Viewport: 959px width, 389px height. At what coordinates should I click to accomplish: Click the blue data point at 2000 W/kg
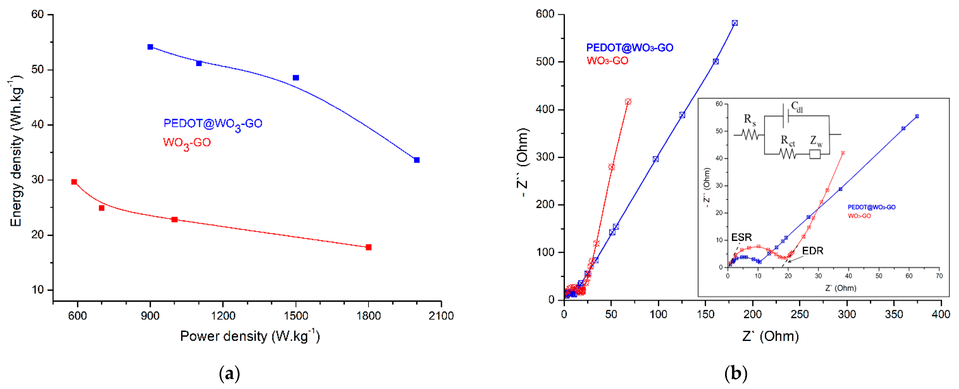[x=417, y=160]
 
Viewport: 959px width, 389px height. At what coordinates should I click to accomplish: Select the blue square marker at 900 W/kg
[x=150, y=47]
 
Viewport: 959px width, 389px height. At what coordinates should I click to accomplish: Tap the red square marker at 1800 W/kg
[x=368, y=247]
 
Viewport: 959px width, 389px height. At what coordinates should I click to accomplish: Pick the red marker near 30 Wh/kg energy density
[x=74, y=182]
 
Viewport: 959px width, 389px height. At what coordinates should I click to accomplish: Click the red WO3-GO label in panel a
[x=187, y=143]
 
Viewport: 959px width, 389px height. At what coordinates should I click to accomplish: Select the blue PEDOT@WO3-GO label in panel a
[x=213, y=124]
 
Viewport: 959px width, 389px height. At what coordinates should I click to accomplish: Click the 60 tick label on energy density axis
[x=38, y=14]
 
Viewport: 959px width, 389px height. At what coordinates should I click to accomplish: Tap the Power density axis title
[x=250, y=336]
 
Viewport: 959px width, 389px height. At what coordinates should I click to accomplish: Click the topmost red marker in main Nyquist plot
[x=628, y=102]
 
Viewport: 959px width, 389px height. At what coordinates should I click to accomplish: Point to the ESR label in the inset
[x=741, y=237]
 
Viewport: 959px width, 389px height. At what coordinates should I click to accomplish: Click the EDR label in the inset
[x=812, y=251]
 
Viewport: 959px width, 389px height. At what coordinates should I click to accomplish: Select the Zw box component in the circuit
[x=815, y=154]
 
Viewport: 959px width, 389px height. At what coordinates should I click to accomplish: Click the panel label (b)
[x=736, y=373]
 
